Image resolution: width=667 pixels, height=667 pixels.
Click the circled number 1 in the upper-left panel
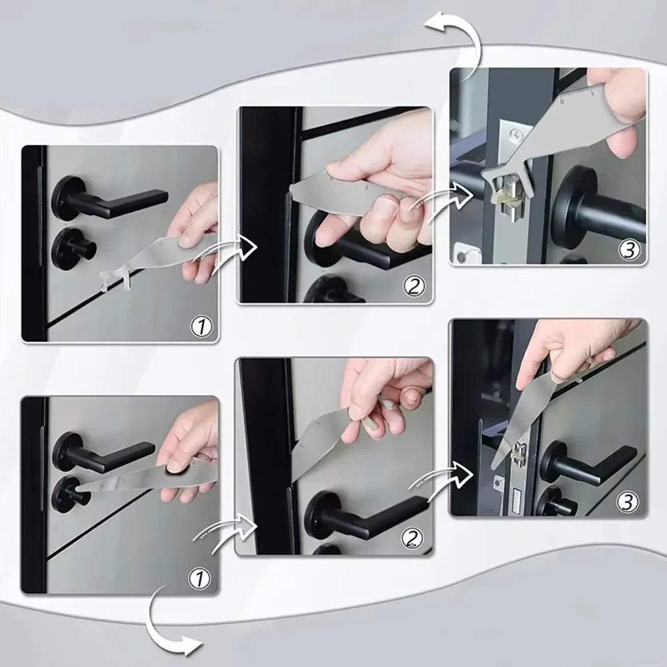click(x=202, y=326)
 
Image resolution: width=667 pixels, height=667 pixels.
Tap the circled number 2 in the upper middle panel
click(x=414, y=287)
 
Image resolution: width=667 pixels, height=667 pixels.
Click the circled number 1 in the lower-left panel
click(x=201, y=578)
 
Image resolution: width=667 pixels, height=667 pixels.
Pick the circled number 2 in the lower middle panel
click(x=413, y=538)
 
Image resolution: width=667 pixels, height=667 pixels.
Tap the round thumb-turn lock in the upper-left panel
click(x=73, y=246)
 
